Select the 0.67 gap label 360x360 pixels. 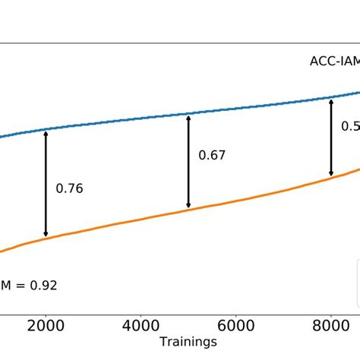pyautogui.click(x=212, y=156)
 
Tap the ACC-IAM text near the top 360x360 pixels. pyautogui.click(x=334, y=63)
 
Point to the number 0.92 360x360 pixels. pyautogui.click(x=43, y=286)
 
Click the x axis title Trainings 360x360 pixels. pyautogui.click(x=188, y=343)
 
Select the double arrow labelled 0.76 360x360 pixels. pyautogui.click(x=46, y=184)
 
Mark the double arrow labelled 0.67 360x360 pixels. pyautogui.click(x=188, y=160)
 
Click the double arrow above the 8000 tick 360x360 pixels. pyautogui.click(x=330, y=137)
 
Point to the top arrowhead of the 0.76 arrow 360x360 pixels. pyautogui.click(x=46, y=134)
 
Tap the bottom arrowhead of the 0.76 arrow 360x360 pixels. pyautogui.click(x=46, y=234)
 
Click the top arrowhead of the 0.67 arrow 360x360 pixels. pyautogui.click(x=188, y=116)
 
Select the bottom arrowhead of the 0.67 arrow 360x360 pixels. pyautogui.click(x=188, y=205)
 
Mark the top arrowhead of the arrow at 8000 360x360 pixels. pyautogui.click(x=330, y=100)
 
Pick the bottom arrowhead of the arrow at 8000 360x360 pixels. pyautogui.click(x=330, y=173)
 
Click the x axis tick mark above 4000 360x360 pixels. pyautogui.click(x=141, y=313)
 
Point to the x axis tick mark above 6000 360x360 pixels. pyautogui.click(x=235, y=313)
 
